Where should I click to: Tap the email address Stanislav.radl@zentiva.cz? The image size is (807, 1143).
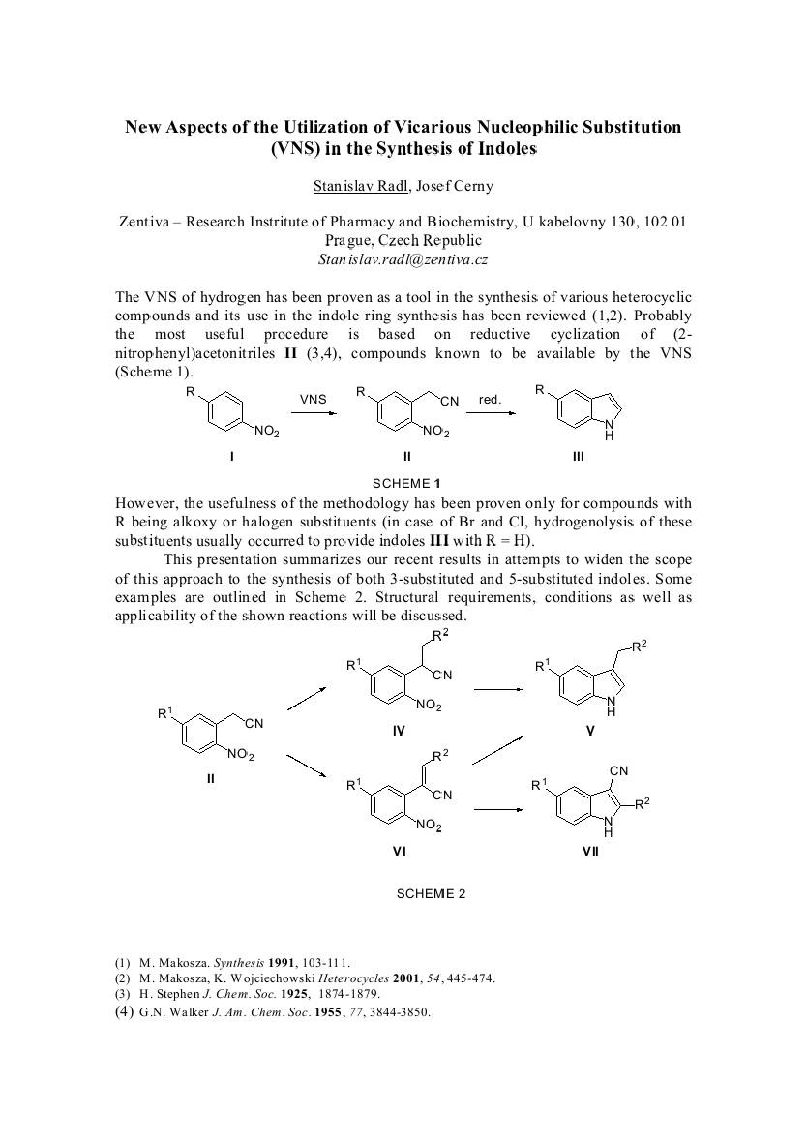pyautogui.click(x=403, y=259)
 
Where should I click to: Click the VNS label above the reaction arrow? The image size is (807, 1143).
pyautogui.click(x=314, y=399)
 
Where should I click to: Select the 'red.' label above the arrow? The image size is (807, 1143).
pyautogui.click(x=490, y=399)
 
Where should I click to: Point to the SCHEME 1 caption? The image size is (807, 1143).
pyautogui.click(x=406, y=482)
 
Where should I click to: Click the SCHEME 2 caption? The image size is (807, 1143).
pyautogui.click(x=431, y=893)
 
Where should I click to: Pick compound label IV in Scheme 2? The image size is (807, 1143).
pyautogui.click(x=399, y=732)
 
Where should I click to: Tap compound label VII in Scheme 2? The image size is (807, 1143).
pyautogui.click(x=589, y=851)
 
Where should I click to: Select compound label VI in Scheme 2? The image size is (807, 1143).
pyautogui.click(x=399, y=851)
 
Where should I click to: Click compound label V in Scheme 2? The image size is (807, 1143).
pyautogui.click(x=589, y=732)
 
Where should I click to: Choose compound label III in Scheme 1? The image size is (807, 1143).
pyautogui.click(x=578, y=456)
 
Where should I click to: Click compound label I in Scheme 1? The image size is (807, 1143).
pyautogui.click(x=231, y=456)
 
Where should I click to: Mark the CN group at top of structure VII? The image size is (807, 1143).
pyautogui.click(x=619, y=770)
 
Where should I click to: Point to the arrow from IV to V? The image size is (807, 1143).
pyautogui.click(x=499, y=689)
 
